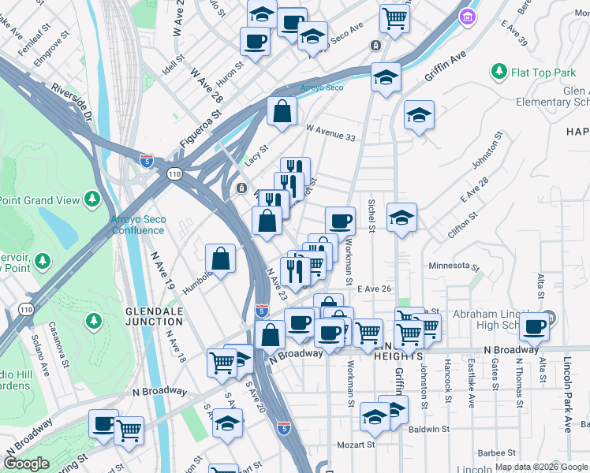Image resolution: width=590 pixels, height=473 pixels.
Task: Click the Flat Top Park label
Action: coord(543,73)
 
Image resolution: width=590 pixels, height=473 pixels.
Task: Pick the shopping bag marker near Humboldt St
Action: coord(220,257)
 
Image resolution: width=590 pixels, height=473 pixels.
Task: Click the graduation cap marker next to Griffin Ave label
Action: coord(386,76)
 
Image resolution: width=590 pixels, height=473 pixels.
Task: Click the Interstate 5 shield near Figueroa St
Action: coord(147,160)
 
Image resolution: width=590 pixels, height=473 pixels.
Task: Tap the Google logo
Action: coord(26,464)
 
